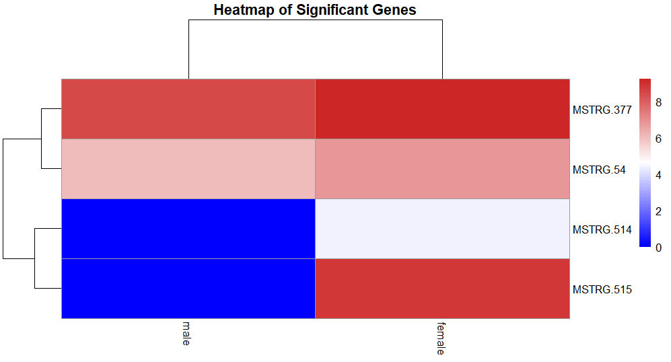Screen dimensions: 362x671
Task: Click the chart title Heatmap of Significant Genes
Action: [x=315, y=10]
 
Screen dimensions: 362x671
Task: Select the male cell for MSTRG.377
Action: [x=188, y=109]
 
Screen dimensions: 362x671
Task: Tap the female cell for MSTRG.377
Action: [x=442, y=109]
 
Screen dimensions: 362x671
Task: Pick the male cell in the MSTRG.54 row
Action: [x=188, y=169]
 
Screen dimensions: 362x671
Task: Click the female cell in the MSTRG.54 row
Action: [x=442, y=169]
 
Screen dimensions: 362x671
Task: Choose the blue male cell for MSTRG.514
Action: [x=188, y=229]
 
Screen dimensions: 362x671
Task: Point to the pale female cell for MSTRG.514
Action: [x=442, y=229]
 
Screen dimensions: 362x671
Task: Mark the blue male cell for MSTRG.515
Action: [x=188, y=288]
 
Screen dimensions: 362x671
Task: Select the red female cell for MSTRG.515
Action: [x=442, y=288]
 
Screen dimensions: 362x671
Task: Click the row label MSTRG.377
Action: [x=602, y=110]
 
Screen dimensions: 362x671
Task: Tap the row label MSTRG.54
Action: [x=599, y=170]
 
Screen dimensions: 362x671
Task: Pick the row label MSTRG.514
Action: [x=602, y=229]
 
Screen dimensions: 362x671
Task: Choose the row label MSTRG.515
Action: [x=602, y=289]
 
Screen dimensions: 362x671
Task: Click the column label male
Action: [x=186, y=333]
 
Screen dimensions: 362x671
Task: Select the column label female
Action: [x=440, y=338]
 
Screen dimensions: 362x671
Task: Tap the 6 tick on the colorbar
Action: [x=659, y=139]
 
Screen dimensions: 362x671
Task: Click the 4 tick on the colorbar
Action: [x=659, y=175]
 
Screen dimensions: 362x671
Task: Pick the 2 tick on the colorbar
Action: [x=659, y=211]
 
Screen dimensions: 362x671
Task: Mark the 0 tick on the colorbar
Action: [x=659, y=247]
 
